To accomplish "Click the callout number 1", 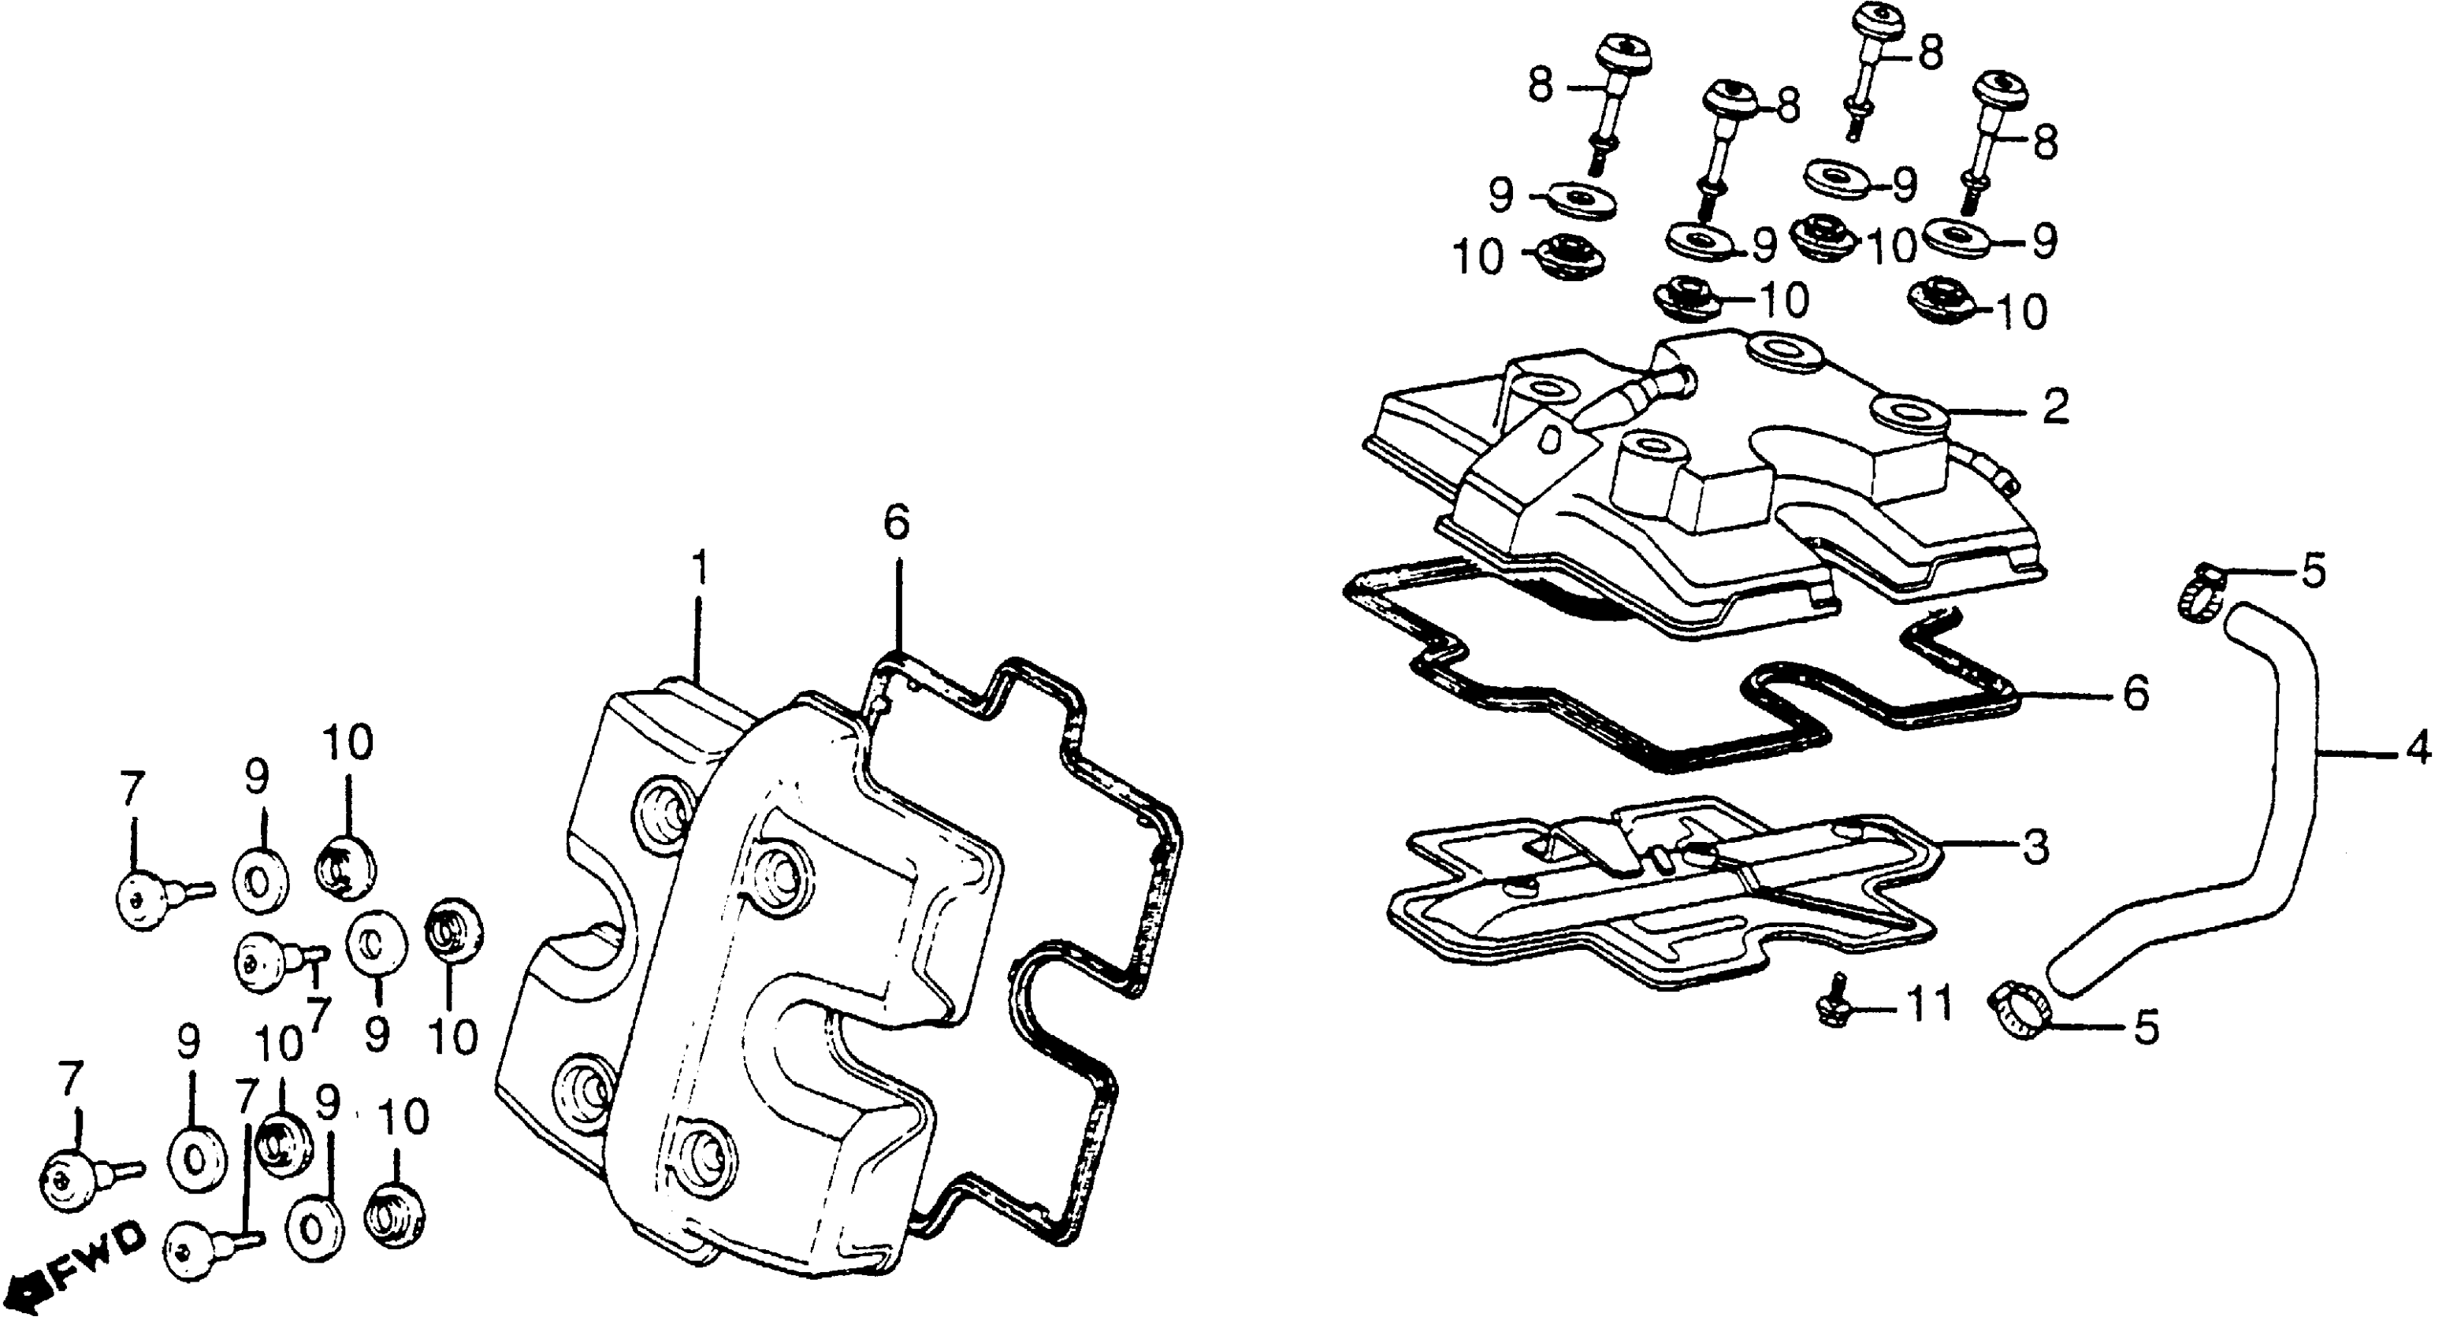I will coord(700,569).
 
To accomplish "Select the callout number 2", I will coord(2057,408).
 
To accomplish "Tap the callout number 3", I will coord(2035,847).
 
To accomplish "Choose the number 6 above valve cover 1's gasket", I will coord(897,521).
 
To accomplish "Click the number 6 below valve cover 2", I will coord(2135,693).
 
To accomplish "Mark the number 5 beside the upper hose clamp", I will coord(2313,571).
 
